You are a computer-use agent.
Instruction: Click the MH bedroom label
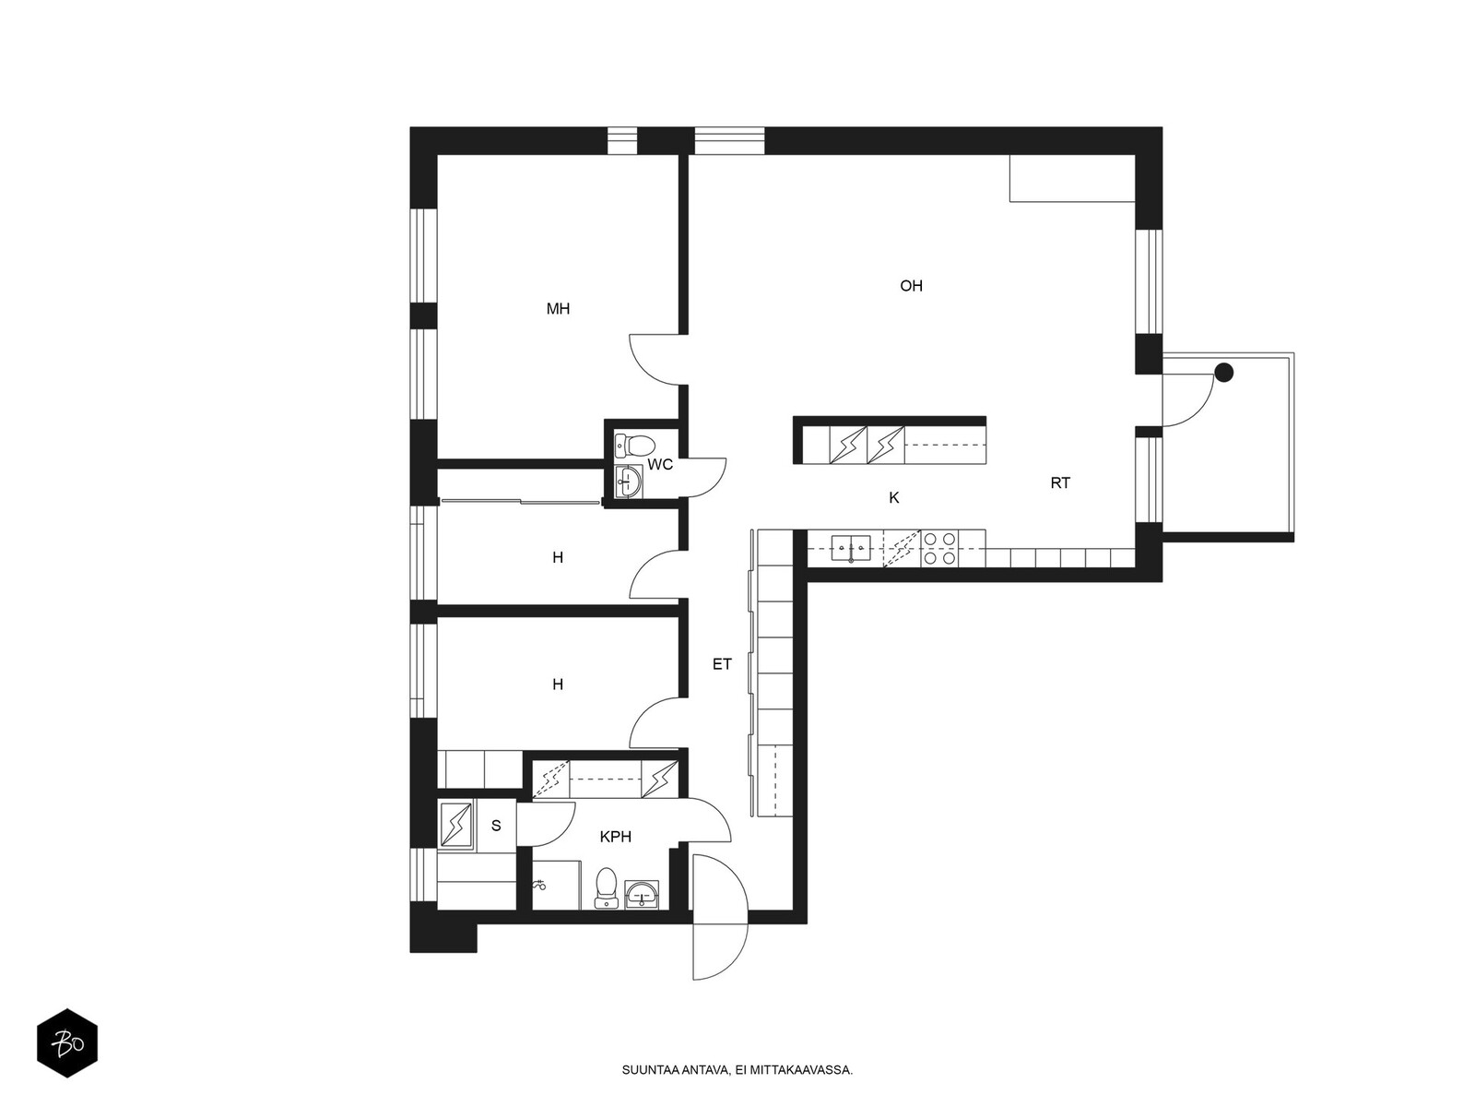(558, 308)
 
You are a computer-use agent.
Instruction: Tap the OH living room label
(911, 286)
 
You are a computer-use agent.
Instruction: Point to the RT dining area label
(1060, 482)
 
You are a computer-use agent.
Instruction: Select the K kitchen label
(893, 497)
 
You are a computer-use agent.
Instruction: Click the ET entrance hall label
(722, 664)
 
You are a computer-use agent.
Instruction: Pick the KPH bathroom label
(616, 837)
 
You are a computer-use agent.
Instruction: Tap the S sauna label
(496, 826)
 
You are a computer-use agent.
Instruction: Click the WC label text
(660, 464)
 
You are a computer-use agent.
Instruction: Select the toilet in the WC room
(634, 445)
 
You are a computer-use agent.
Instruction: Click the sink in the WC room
(629, 482)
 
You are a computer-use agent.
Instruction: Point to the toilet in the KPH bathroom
(606, 887)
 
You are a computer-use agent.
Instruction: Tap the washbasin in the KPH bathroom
(642, 894)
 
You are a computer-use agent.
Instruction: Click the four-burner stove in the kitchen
(938, 548)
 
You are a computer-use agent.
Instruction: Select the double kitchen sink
(851, 548)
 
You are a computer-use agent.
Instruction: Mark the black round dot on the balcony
(1223, 373)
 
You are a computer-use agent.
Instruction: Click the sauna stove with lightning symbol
(456, 825)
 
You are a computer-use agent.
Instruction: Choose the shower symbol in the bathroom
(539, 886)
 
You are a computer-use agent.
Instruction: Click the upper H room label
(557, 557)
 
